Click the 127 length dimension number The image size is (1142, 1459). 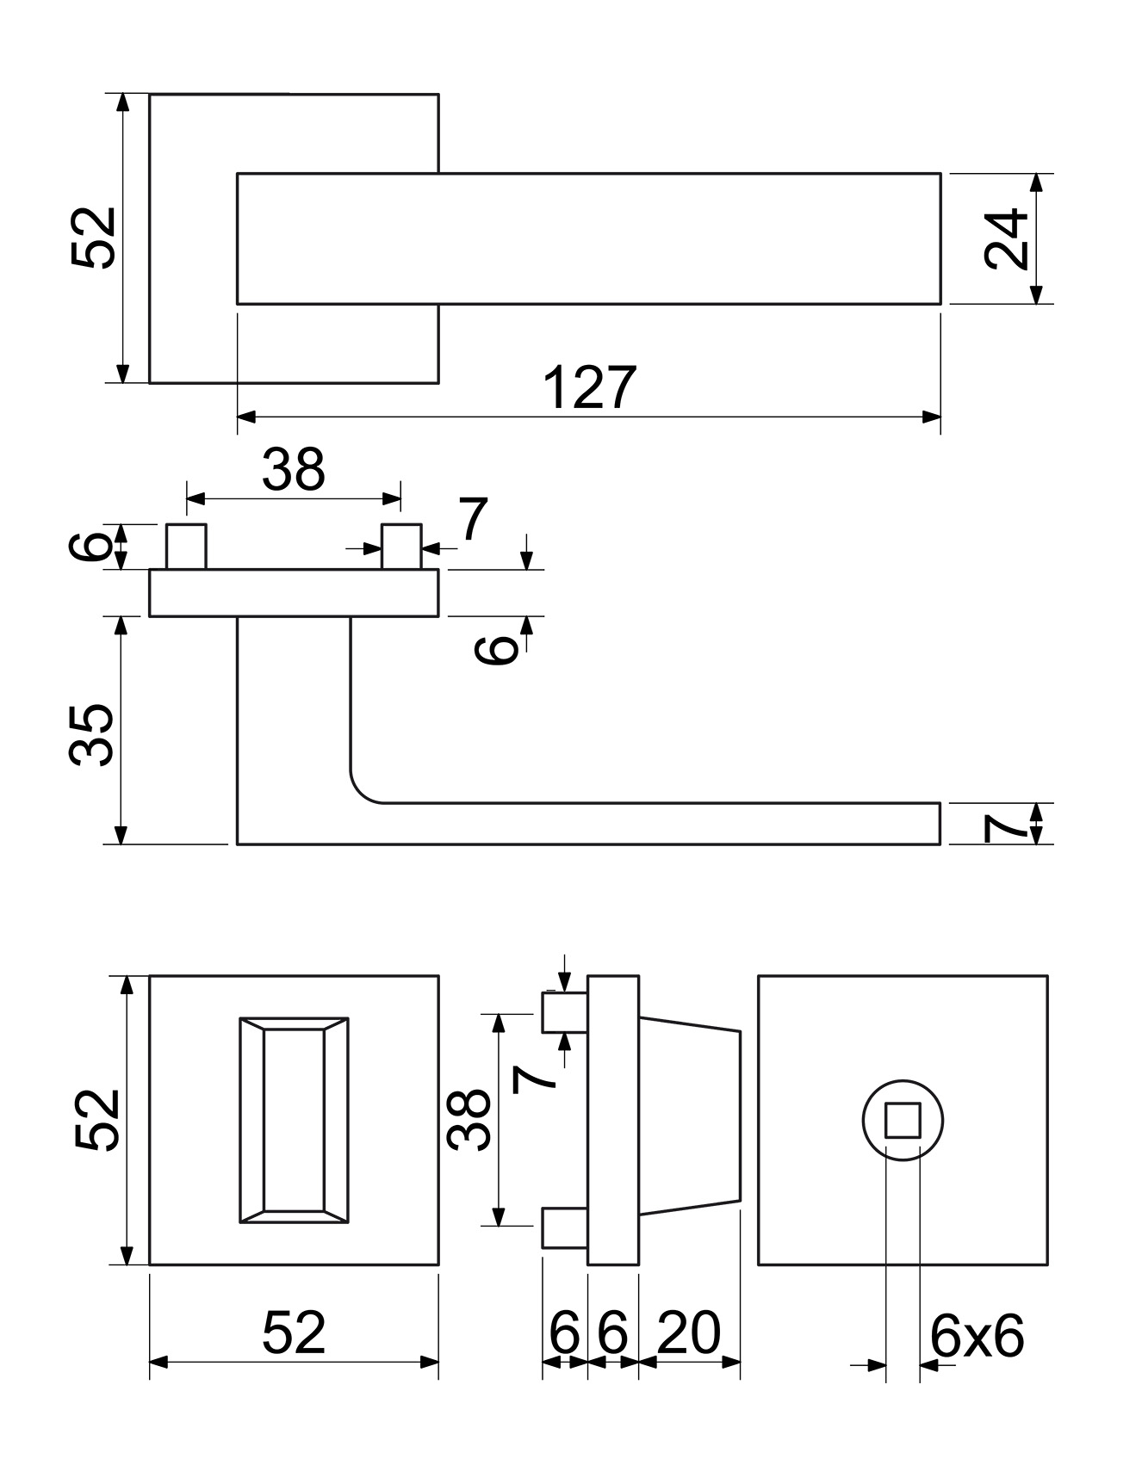[x=591, y=387]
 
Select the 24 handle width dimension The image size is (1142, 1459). [x=1007, y=238]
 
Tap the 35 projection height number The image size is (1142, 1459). [x=91, y=734]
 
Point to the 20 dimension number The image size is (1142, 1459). [x=688, y=1333]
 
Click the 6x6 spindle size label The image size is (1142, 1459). [x=977, y=1337]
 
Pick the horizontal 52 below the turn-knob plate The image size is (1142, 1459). [x=294, y=1333]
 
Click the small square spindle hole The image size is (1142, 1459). [x=903, y=1120]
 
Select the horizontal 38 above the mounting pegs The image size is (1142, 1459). [x=294, y=470]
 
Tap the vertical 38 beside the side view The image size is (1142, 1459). [x=469, y=1120]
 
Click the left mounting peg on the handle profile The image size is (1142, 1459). [x=187, y=547]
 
